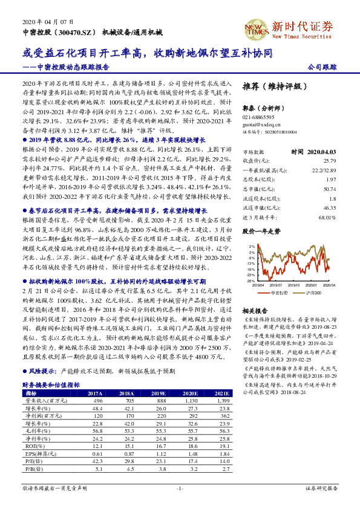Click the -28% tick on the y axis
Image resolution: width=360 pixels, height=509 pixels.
[250, 280]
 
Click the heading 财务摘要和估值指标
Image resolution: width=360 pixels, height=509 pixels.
[47, 384]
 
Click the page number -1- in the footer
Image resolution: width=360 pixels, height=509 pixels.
[180, 487]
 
